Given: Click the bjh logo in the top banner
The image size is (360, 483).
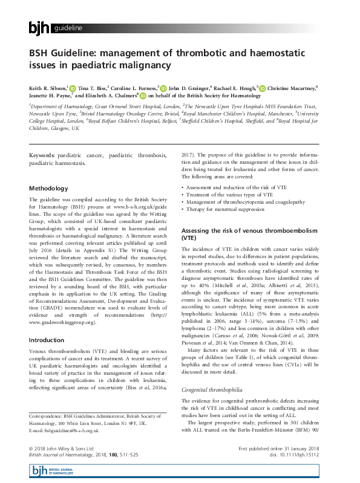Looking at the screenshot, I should pyautogui.click(x=39, y=28).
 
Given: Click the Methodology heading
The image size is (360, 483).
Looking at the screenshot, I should pyautogui.click(x=51, y=189).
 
